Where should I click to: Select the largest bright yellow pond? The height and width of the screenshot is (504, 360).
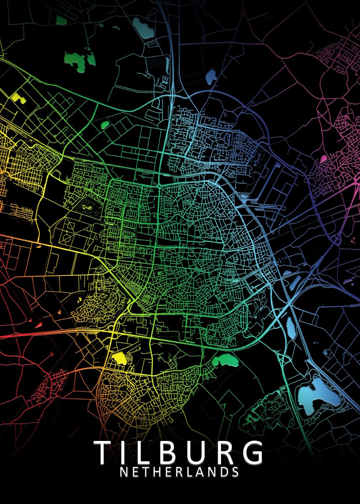click(x=120, y=358)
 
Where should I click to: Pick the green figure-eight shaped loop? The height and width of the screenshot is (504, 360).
click(x=89, y=207)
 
